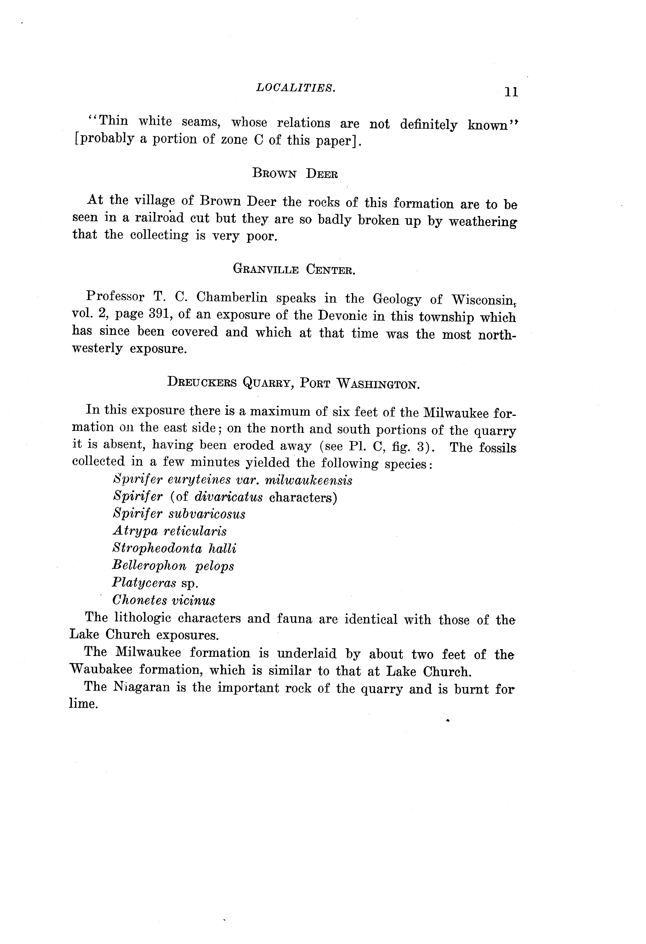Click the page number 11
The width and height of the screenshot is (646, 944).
coord(511,92)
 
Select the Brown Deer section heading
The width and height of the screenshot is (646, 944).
coord(295,174)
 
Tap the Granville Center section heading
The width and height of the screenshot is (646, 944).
coord(294,269)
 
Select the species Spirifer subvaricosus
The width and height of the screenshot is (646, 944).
coord(179,514)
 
